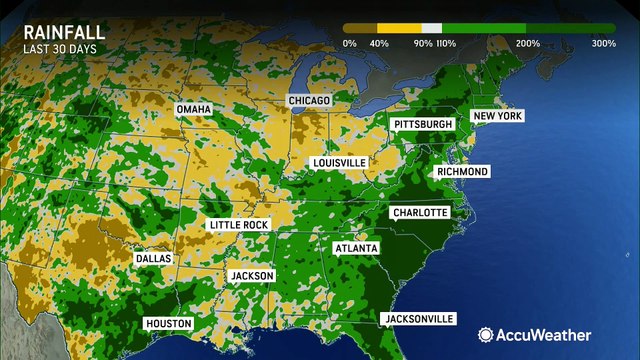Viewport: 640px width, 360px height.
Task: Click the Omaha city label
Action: click(194, 108)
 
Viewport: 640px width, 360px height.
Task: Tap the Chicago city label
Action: click(309, 101)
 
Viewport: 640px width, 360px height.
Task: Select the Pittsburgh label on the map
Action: click(423, 124)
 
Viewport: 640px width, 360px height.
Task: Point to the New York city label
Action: click(498, 116)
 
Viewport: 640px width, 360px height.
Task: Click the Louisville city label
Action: click(339, 162)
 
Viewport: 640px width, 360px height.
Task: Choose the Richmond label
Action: click(462, 172)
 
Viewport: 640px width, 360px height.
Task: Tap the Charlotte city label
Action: click(419, 212)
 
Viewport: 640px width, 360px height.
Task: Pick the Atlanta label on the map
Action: click(356, 247)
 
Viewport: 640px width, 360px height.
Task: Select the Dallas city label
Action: click(153, 258)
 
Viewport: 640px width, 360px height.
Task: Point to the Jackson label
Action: click(251, 275)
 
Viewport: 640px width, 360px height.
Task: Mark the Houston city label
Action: click(168, 323)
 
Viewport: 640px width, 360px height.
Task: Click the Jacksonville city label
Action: click(418, 319)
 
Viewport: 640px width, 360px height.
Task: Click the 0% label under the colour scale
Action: click(349, 44)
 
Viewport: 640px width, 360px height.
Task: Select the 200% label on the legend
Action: click(528, 44)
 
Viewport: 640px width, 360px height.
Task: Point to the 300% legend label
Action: click(603, 44)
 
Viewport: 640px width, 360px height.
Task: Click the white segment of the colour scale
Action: click(431, 28)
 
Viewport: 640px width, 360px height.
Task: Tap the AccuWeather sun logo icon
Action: click(485, 335)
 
